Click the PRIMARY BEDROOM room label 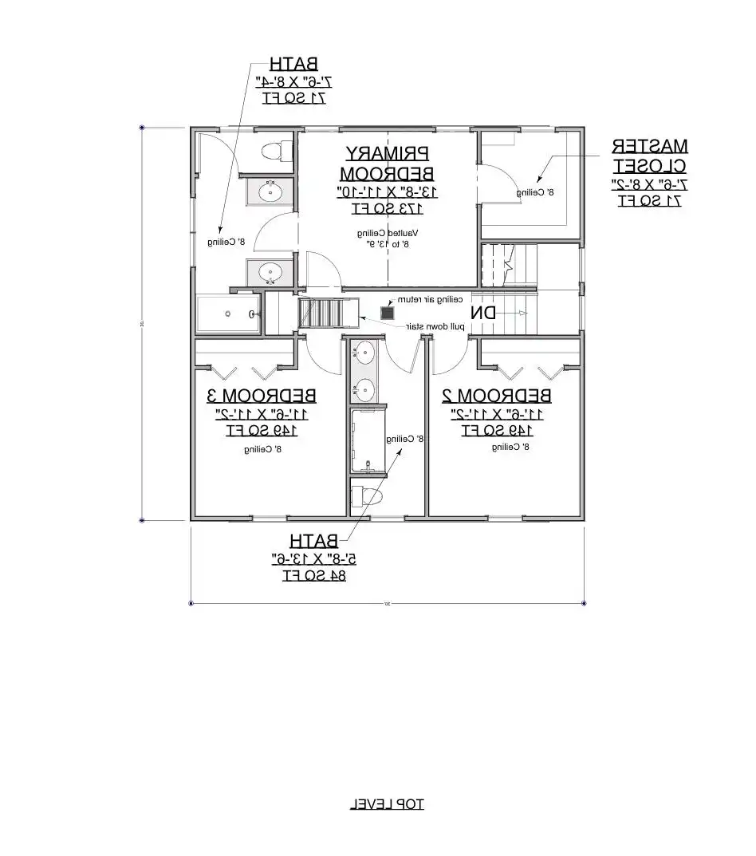(x=387, y=163)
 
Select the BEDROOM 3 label (x=262, y=395)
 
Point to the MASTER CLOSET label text (x=649, y=156)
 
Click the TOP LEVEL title (x=387, y=803)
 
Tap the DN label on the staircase (x=482, y=312)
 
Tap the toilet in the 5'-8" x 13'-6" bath (x=367, y=496)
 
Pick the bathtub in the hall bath (x=367, y=441)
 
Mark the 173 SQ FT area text (x=387, y=209)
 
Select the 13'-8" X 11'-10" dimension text (x=387, y=191)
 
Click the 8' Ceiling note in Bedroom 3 (x=263, y=449)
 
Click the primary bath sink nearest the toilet (x=270, y=191)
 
